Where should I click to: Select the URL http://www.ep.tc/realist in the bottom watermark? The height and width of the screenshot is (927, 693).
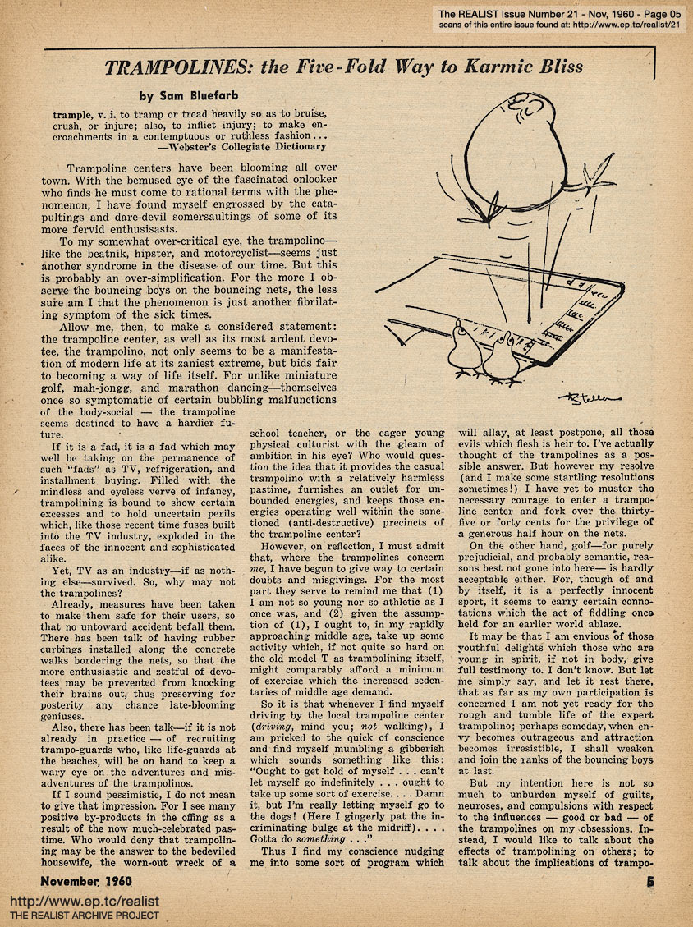[84, 901]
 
